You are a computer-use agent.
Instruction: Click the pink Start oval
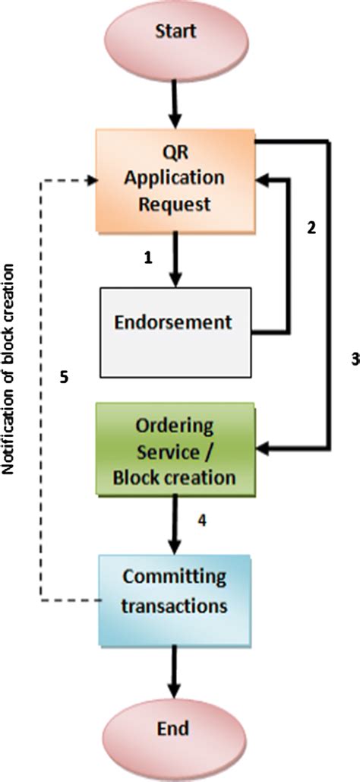(176, 33)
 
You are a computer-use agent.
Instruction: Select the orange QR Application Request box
(176, 180)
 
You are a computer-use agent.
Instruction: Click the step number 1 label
(149, 258)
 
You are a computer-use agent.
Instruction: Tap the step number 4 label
(202, 521)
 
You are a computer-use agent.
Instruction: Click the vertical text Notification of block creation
(11, 369)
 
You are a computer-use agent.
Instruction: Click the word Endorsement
(174, 321)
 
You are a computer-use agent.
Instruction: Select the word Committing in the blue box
(175, 576)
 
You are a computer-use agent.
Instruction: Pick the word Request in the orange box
(175, 204)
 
